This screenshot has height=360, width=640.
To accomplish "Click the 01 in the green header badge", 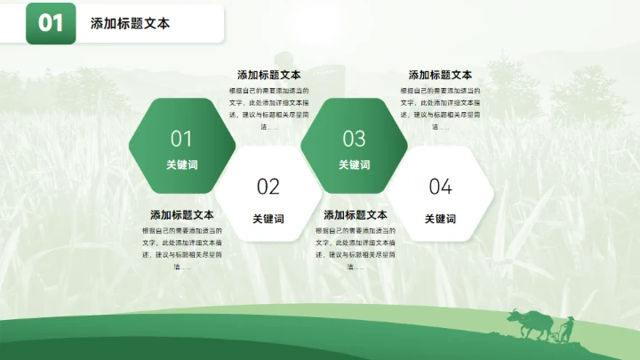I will [x=51, y=24].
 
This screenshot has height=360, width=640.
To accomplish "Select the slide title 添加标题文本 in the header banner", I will [x=130, y=24].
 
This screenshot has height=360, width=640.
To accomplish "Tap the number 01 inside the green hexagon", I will [x=181, y=139].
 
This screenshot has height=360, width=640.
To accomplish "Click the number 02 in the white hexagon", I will [x=268, y=187].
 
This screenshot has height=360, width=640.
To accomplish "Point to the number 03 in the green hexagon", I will [x=354, y=139].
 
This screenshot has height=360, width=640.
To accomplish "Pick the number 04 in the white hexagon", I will [x=440, y=187].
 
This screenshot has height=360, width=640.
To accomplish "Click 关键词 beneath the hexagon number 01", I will [x=181, y=164].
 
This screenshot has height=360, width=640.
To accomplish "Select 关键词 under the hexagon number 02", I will [x=268, y=219].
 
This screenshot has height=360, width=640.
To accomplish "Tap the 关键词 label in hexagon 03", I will [x=354, y=164].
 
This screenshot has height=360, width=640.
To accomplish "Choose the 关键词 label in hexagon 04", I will [x=440, y=219].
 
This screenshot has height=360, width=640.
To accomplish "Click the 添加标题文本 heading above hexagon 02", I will [x=268, y=75].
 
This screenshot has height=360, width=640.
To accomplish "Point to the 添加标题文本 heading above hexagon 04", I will [x=440, y=75].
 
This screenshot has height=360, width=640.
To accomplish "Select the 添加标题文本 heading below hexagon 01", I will [x=181, y=215].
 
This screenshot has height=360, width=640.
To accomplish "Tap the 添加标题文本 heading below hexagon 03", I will [x=355, y=215].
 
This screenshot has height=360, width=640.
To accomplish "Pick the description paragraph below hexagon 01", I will [x=181, y=248].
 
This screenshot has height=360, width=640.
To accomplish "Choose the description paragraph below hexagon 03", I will [x=355, y=248].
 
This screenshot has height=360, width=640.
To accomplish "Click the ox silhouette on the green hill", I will [x=528, y=323].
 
